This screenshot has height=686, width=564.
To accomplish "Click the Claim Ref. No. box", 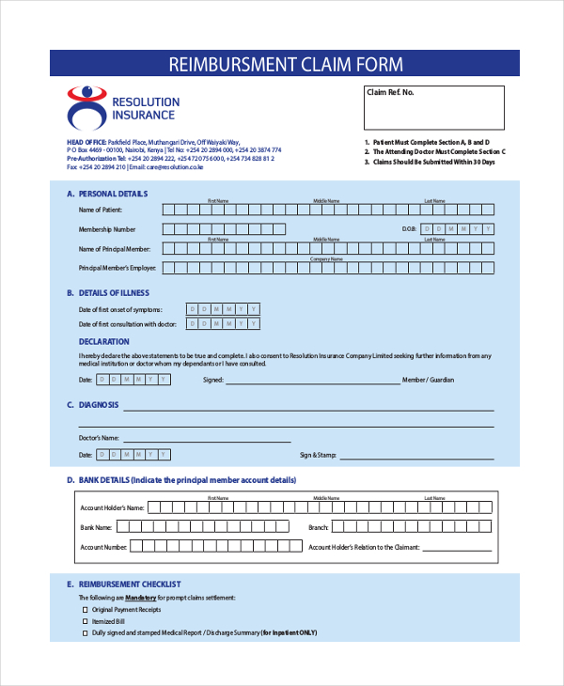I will pyautogui.click(x=433, y=107).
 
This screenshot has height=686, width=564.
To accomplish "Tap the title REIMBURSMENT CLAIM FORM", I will pyautogui.click(x=285, y=64).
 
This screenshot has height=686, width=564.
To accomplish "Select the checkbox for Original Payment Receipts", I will pyautogui.click(x=84, y=609).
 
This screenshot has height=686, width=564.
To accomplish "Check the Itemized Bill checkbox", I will pyautogui.click(x=84, y=621).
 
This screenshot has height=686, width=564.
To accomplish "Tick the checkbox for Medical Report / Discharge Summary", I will pyautogui.click(x=84, y=633).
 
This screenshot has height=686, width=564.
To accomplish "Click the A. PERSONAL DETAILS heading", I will pyautogui.click(x=106, y=194).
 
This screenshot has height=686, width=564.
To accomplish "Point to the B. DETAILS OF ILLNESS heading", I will pyautogui.click(x=108, y=293).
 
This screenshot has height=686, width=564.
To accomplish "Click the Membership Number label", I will pyautogui.click(x=107, y=229).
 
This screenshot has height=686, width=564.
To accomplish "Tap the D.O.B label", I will pyautogui.click(x=408, y=229).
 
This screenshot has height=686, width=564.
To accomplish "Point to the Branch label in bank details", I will pyautogui.click(x=319, y=527).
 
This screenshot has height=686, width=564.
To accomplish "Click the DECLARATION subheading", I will pyautogui.click(x=104, y=342).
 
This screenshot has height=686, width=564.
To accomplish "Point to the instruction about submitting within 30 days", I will pyautogui.click(x=431, y=163).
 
